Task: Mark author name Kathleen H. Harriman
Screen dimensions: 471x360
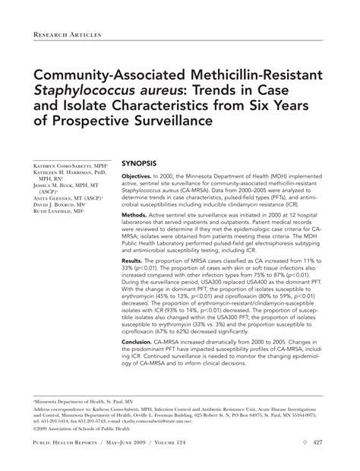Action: (65, 173)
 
